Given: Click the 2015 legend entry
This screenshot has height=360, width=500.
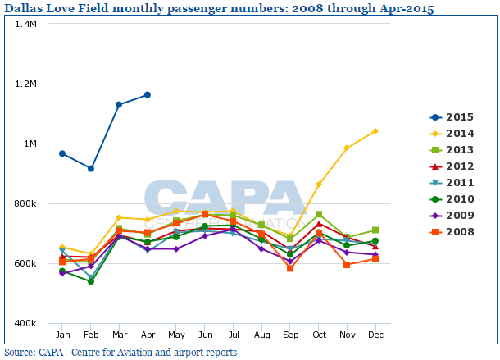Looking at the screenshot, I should pyautogui.click(x=454, y=117).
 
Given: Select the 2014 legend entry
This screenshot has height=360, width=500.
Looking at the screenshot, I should pyautogui.click(x=454, y=134).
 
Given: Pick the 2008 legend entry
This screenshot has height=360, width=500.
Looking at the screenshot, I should pyautogui.click(x=454, y=231).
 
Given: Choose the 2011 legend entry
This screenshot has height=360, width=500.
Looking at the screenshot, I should pyautogui.click(x=454, y=182).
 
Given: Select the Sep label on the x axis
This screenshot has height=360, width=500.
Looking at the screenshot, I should pyautogui.click(x=290, y=335).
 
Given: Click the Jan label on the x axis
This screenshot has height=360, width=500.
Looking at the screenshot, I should pyautogui.click(x=62, y=335).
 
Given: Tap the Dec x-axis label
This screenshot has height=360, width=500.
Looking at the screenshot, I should pyautogui.click(x=375, y=335).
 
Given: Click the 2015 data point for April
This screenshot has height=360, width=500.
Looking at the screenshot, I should pyautogui.click(x=148, y=95).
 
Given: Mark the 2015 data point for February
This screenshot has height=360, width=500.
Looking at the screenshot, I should pyautogui.click(x=91, y=168).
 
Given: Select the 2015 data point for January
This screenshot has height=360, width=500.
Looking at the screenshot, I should pyautogui.click(x=62, y=153).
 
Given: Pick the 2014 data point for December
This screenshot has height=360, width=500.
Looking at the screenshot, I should pyautogui.click(x=375, y=131).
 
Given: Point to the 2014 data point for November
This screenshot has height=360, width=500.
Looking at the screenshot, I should pyautogui.click(x=347, y=148).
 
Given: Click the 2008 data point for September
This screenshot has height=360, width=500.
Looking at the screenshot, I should pyautogui.click(x=290, y=268).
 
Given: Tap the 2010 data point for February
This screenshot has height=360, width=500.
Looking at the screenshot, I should pyautogui.click(x=91, y=281).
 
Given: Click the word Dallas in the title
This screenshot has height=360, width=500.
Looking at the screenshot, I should pyautogui.click(x=25, y=8).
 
